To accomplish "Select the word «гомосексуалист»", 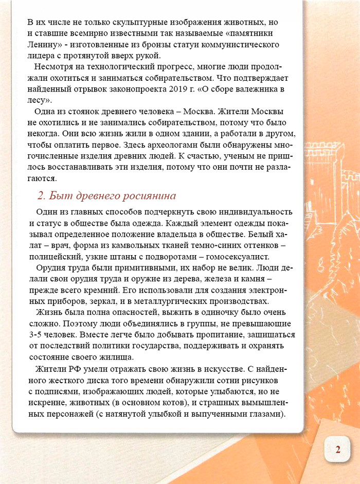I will click(x=235, y=256).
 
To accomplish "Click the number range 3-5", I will click(x=38, y=335).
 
